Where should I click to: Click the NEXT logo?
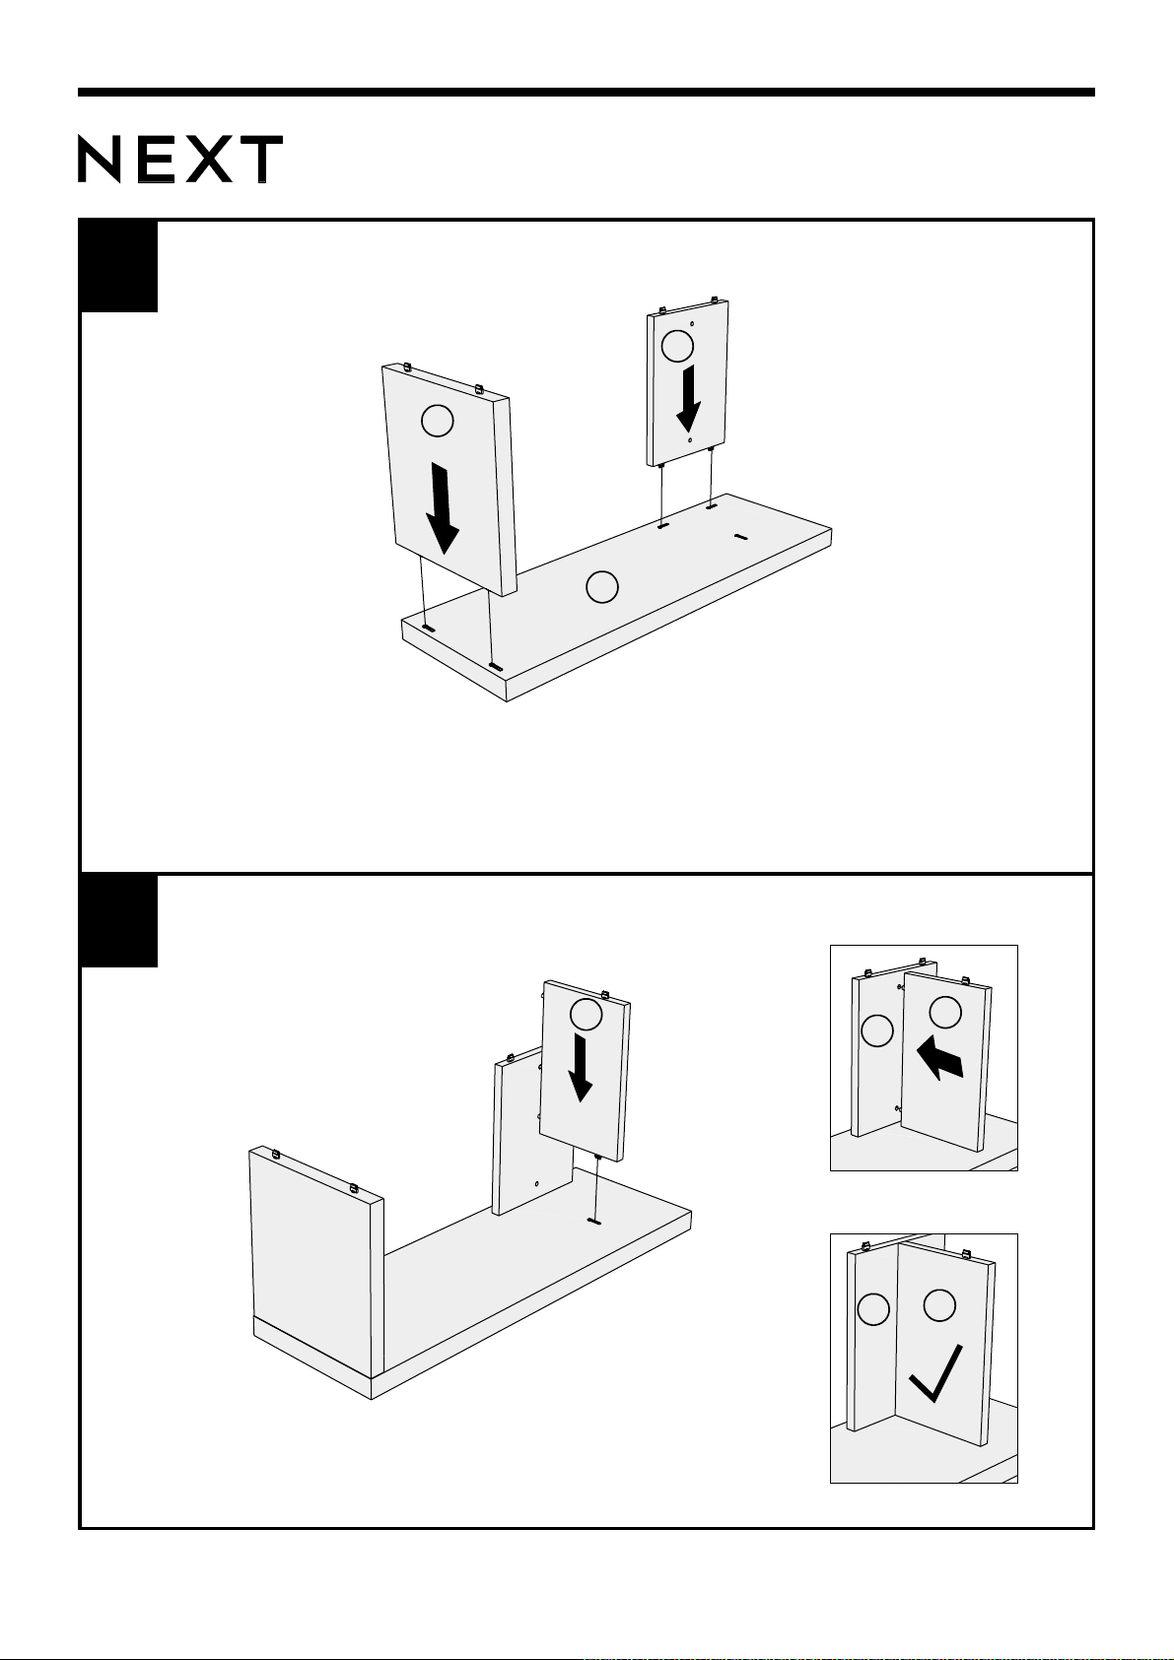pyautogui.click(x=180, y=159)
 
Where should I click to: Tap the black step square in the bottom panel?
pyautogui.click(x=118, y=921)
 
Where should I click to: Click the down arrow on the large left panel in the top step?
pyautogui.click(x=443, y=508)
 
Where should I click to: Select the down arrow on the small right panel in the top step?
pyautogui.click(x=689, y=398)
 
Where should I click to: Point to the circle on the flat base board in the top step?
pyautogui.click(x=601, y=587)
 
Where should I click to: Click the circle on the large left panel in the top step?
pyautogui.click(x=437, y=421)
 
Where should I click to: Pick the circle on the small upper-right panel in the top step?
pyautogui.click(x=677, y=346)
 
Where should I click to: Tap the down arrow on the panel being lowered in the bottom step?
pyautogui.click(x=580, y=1068)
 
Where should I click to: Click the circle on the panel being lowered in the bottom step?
pyautogui.click(x=586, y=1015)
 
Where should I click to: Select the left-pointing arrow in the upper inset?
pyautogui.click(x=939, y=1057)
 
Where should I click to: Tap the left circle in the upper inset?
pyautogui.click(x=876, y=1030)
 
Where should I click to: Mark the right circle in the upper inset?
pyautogui.click(x=945, y=1013)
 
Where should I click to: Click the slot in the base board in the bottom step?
pyautogui.click(x=593, y=1220)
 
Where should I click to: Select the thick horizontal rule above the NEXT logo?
pyautogui.click(x=586, y=93)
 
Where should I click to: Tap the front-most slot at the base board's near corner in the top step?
pyautogui.click(x=496, y=667)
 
